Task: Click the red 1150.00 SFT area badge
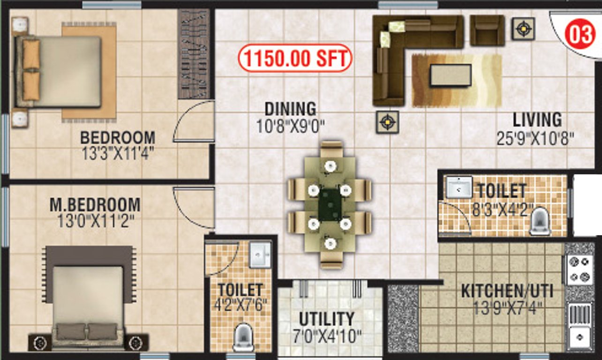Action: point(295,59)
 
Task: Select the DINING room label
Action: point(290,109)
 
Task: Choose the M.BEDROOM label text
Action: point(95,205)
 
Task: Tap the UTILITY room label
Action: point(326,319)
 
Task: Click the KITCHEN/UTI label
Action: point(507,291)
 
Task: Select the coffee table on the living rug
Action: point(450,75)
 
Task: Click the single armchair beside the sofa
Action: point(487,30)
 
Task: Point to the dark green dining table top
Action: point(330,204)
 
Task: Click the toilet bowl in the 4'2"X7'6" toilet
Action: point(242,336)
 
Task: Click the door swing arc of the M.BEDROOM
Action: point(189,206)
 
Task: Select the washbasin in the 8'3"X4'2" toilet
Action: point(459,187)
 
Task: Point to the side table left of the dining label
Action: point(387,123)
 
